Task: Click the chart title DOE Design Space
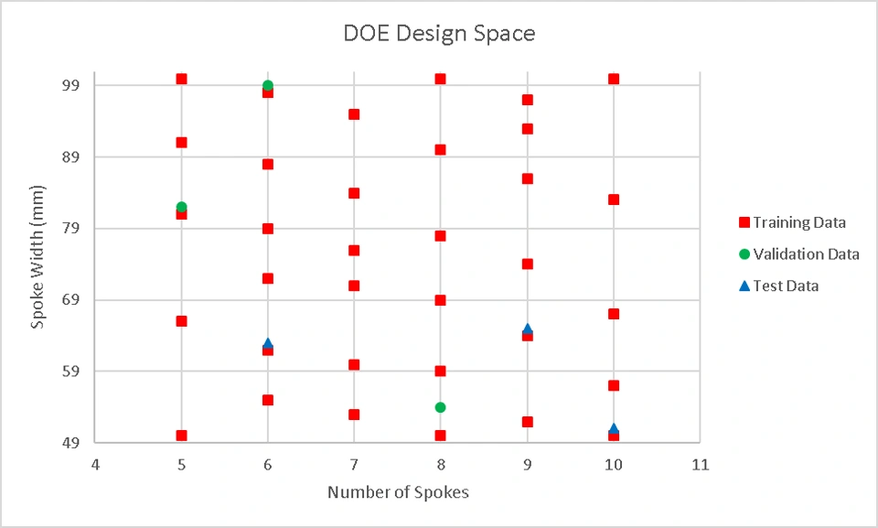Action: tap(439, 34)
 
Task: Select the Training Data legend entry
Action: tap(798, 222)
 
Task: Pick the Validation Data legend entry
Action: tap(806, 253)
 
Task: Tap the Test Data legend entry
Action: tap(786, 286)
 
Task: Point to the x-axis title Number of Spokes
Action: tap(398, 492)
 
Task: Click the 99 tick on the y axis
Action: tap(70, 85)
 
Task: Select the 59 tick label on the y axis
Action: tap(70, 372)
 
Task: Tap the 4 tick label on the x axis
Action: tap(95, 465)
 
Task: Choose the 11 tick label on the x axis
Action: tap(700, 465)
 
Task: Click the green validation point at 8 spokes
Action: tap(440, 407)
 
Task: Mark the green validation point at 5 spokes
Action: tap(181, 207)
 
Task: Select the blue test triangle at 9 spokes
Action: tap(527, 329)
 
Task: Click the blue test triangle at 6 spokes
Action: tap(268, 343)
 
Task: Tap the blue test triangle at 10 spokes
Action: tap(614, 428)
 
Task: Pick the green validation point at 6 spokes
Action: tap(268, 85)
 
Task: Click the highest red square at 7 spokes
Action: tap(354, 114)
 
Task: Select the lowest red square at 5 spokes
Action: tap(181, 436)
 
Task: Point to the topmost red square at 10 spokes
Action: tap(614, 79)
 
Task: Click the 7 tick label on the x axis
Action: tap(354, 465)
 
